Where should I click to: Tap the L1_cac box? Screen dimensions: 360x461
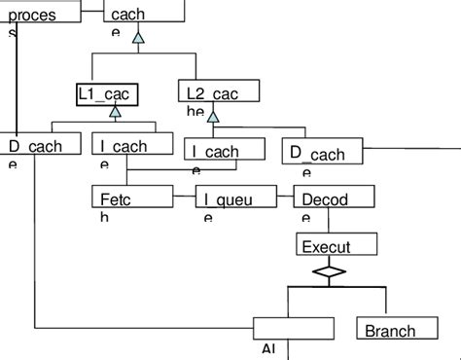click(x=107, y=93)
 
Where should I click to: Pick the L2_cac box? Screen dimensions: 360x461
click(x=220, y=92)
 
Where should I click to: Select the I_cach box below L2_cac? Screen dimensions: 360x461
click(x=224, y=150)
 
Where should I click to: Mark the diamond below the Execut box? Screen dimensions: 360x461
click(x=329, y=272)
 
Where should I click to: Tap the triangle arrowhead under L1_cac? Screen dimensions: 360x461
click(x=114, y=112)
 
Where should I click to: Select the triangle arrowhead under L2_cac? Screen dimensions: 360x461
click(x=213, y=117)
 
